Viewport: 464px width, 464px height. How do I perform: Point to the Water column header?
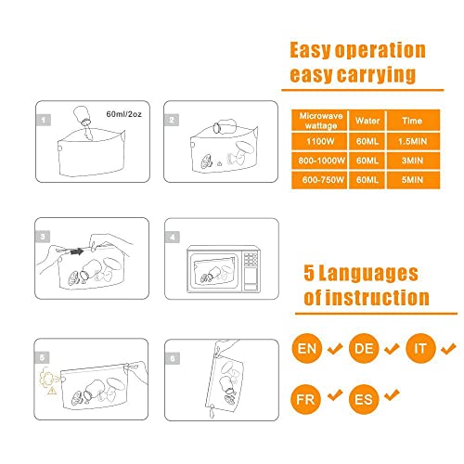368,120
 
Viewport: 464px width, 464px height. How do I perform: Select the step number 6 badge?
173,356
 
